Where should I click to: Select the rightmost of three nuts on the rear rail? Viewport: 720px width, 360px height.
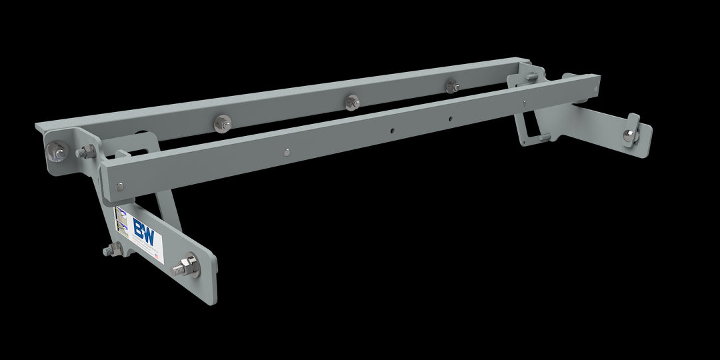(451, 86)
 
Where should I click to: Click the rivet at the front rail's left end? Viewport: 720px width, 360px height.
(119, 187)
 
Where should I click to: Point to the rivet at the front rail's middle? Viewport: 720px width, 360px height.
(286, 151)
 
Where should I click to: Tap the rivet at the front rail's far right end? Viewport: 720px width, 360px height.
(595, 86)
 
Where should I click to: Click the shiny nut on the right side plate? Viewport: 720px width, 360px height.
(629, 135)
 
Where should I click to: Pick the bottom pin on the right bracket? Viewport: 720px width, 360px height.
(545, 137)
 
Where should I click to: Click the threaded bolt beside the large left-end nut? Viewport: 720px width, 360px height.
(85, 153)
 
